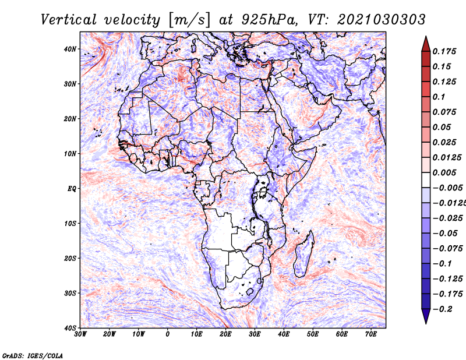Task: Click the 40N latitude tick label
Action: point(70,49)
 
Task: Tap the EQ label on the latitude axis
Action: point(72,189)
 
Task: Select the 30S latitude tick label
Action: point(70,294)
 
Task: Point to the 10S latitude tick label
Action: point(70,224)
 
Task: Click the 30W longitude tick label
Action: point(80,334)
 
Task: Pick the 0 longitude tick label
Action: point(168,334)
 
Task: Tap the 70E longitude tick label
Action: point(371,334)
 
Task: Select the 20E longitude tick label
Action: point(226,334)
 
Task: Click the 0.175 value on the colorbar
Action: point(444,52)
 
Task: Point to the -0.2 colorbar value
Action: point(442,309)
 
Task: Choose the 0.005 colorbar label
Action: point(444,172)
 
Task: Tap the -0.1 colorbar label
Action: point(442,264)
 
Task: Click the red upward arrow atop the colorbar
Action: point(426,44)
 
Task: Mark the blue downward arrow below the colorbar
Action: point(426,316)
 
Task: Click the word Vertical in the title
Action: point(69,20)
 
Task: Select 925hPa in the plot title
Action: point(269,20)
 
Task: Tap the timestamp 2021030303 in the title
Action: point(382,20)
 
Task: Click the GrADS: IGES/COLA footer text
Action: point(33,356)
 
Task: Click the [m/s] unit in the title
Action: point(189,20)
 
